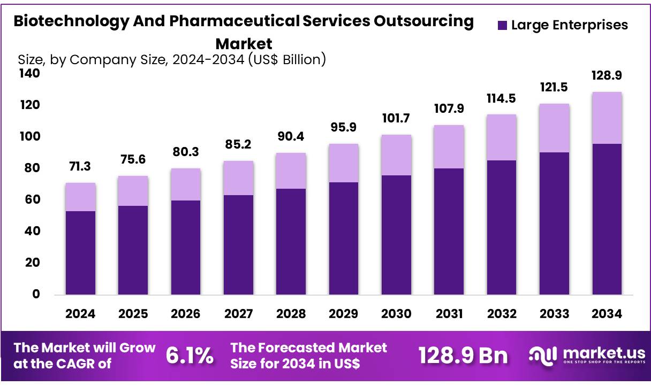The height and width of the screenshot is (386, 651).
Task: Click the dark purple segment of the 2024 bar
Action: (80, 252)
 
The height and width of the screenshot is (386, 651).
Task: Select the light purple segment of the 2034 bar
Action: (607, 118)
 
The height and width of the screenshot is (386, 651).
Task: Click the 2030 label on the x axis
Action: (396, 314)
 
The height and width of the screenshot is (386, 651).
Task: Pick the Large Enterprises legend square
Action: (502, 25)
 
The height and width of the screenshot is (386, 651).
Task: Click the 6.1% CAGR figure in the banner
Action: (190, 356)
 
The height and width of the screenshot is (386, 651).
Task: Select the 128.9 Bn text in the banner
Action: (463, 356)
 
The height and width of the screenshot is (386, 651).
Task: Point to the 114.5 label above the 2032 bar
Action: (502, 99)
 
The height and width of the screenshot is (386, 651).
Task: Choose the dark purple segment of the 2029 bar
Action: (344, 238)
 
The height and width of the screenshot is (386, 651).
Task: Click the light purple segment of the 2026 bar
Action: (186, 184)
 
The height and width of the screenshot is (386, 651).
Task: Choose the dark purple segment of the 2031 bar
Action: (449, 231)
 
